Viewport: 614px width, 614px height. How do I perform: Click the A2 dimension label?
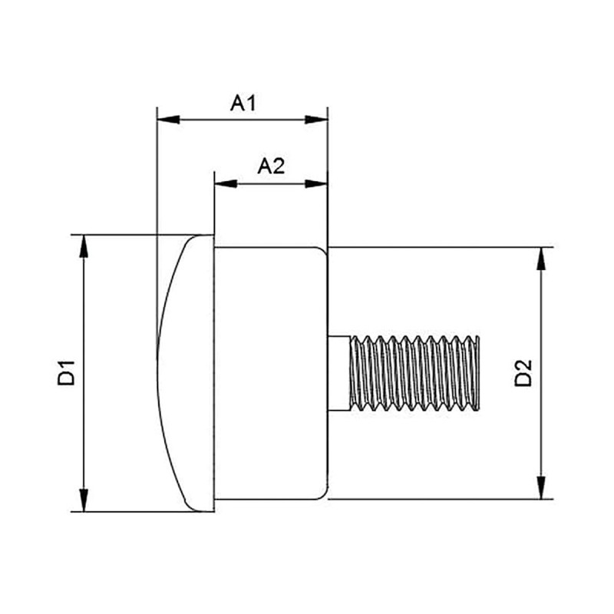271,167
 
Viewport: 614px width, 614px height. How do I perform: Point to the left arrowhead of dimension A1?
167,119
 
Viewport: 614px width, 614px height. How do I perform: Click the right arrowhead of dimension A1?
317,119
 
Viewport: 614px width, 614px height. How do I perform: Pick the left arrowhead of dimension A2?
225,183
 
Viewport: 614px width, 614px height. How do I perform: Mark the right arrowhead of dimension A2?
317,183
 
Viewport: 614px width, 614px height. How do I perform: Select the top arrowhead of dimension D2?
542,259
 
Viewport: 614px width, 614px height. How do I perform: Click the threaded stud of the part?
414,372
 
